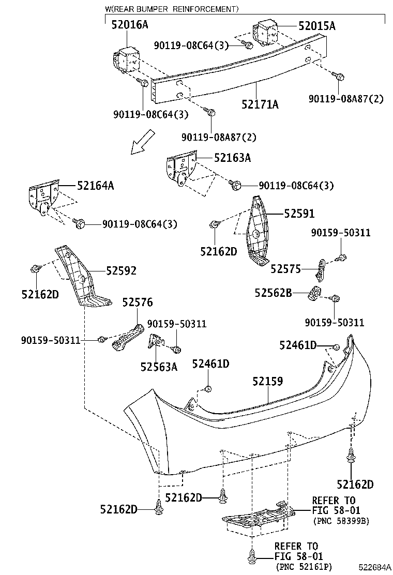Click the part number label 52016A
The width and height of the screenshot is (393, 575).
click(130, 24)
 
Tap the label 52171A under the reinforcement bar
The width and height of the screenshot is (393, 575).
click(260, 104)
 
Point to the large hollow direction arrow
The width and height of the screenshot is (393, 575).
click(143, 142)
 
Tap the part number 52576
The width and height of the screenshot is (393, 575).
click(138, 302)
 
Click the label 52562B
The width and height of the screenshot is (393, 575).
click(273, 293)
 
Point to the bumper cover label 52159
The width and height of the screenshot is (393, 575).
click(267, 382)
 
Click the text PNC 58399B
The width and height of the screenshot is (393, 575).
click(341, 521)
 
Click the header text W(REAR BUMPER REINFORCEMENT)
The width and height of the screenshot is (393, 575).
click(172, 9)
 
